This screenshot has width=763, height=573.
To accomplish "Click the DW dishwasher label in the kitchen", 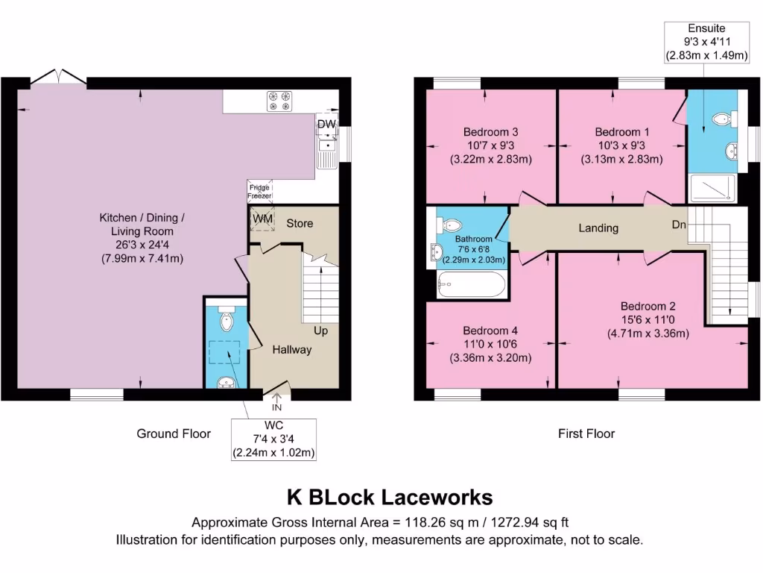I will point(326,124).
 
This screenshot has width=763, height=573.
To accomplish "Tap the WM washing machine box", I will point(262,218).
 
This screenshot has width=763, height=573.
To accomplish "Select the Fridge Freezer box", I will point(260,191).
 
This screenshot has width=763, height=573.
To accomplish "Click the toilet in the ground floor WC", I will point(227,319).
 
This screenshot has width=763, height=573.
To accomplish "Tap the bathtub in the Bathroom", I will point(472,285).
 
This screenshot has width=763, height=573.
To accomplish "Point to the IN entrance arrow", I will point(277,404).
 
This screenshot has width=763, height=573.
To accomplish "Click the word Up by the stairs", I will point(320,331).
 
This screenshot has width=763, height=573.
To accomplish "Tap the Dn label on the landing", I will point(677,224).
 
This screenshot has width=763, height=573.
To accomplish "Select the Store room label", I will point(300,223).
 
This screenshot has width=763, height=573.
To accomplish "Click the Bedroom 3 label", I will point(490,132).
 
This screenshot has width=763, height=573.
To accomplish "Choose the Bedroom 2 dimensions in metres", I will point(648,333).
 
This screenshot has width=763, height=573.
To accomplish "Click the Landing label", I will point(598,228).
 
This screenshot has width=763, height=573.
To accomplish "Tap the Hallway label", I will point(291,349).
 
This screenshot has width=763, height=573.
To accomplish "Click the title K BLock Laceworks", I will point(390,497).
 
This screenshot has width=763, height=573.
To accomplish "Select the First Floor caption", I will point(586,433).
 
